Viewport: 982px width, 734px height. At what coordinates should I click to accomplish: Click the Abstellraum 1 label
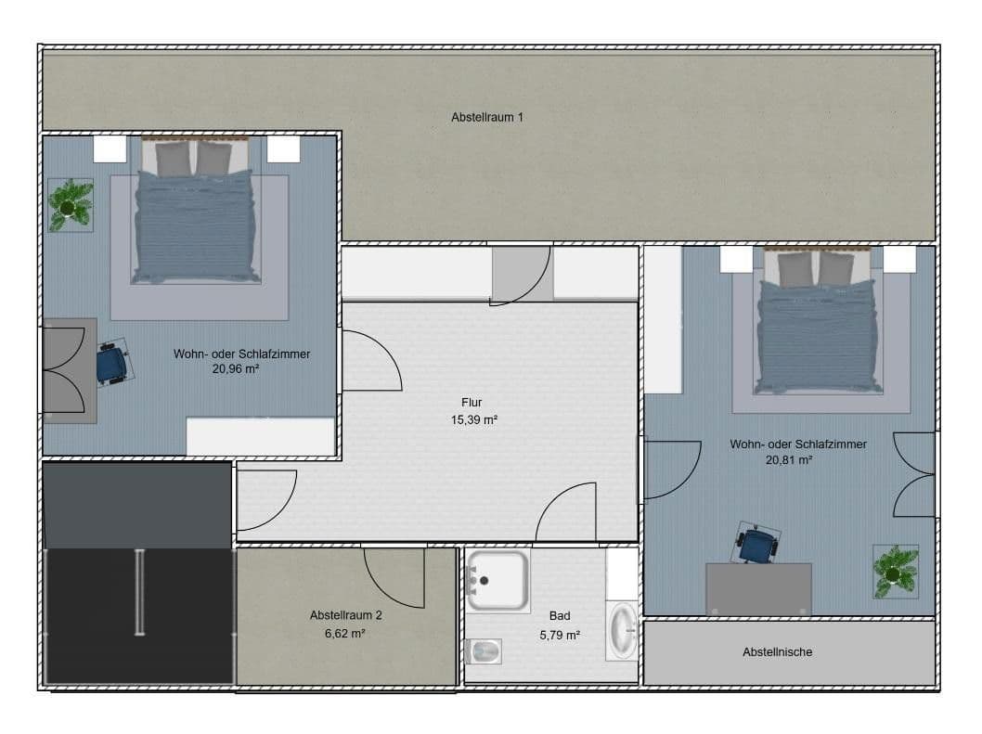[487, 118]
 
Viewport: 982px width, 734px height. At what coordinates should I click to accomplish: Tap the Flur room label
[472, 403]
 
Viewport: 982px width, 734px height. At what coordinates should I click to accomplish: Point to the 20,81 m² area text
[790, 459]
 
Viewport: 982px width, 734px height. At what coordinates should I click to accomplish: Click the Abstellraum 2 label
[345, 615]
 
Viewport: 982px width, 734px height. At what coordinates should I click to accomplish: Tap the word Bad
[560, 616]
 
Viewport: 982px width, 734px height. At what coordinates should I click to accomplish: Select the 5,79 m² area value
[560, 636]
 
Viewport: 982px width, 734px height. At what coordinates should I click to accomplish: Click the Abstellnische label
[777, 652]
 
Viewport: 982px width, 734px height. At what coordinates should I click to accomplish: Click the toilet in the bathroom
[483, 651]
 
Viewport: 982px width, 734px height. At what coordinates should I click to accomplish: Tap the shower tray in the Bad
[497, 580]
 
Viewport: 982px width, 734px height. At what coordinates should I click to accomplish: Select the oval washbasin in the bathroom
[622, 631]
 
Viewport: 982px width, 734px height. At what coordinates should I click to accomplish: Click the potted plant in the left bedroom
[71, 204]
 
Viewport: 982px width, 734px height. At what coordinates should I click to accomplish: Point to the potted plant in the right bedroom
[895, 571]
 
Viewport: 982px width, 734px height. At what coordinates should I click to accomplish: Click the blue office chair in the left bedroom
[113, 363]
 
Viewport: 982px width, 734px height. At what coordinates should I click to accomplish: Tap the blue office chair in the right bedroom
[756, 544]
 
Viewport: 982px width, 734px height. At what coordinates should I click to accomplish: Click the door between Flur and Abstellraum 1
[522, 274]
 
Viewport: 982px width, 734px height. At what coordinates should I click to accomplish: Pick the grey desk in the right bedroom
[758, 588]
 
